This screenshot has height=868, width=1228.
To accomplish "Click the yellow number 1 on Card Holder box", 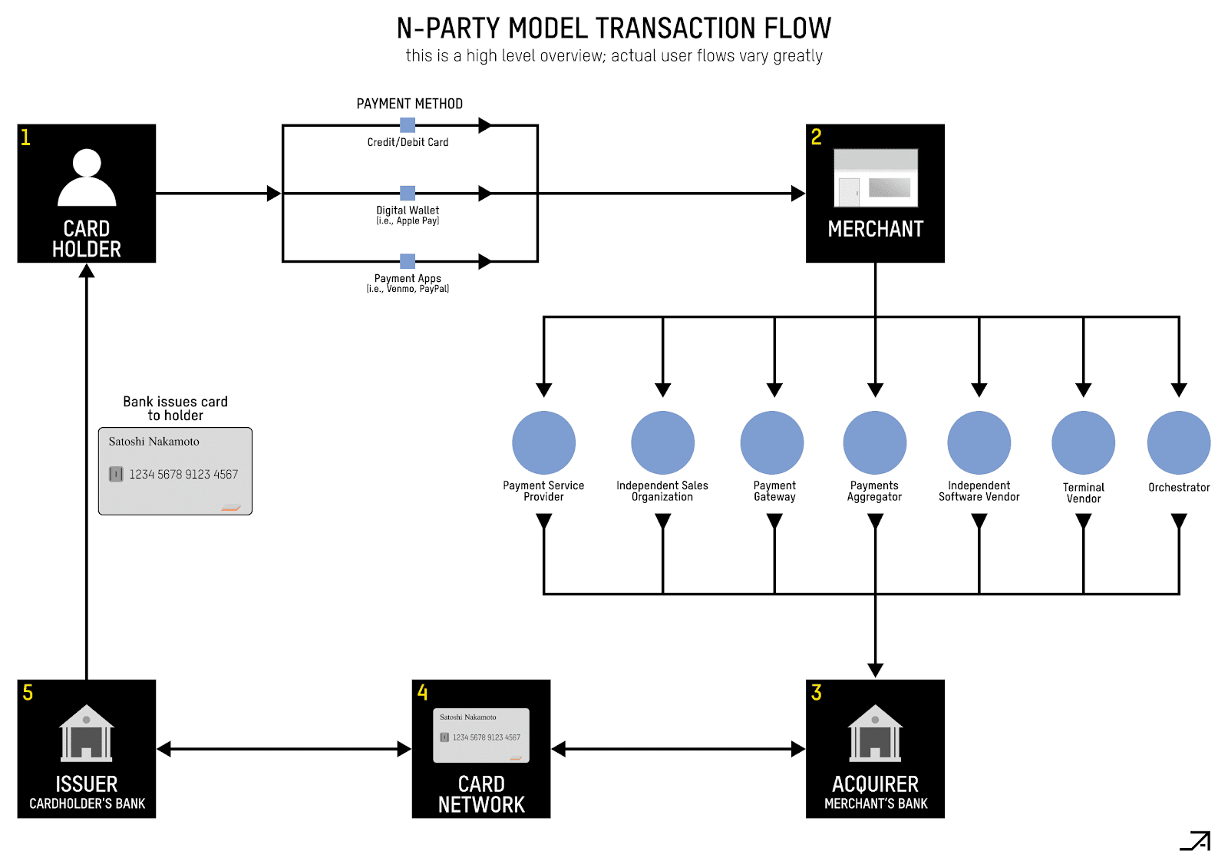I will pos(25,137).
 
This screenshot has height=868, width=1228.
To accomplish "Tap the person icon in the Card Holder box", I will pos(87,177).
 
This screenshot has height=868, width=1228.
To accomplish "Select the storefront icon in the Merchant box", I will pos(876,178).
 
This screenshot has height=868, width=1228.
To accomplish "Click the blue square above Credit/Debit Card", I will pos(408,125).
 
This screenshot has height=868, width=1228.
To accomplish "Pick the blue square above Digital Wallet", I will pos(408,193).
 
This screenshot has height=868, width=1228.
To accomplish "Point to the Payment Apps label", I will pos(408,279).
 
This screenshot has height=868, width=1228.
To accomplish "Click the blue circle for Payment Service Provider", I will pos(543,442).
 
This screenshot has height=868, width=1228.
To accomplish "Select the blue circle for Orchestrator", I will pos(1178,442).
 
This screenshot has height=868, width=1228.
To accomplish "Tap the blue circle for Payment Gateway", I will pos(771,442).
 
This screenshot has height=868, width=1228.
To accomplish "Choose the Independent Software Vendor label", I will pos(979,491).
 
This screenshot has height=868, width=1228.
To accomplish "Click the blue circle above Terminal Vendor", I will pos(1083,442).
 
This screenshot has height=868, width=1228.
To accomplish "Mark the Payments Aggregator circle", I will pos(874,442).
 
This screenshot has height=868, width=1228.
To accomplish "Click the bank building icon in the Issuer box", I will pos(87,733).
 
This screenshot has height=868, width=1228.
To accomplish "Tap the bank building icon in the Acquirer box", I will pos(875,733).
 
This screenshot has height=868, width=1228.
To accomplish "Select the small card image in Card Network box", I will pos(481,735).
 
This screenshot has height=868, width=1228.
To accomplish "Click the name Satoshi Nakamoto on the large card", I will pos(153,442).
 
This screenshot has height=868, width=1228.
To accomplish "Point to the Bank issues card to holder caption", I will pos(175,409).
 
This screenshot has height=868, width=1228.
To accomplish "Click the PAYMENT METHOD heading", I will pos(409,104).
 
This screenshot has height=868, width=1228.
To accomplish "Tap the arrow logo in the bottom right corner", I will pos(1195,841).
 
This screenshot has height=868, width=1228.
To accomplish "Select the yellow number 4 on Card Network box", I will pos(422,693).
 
